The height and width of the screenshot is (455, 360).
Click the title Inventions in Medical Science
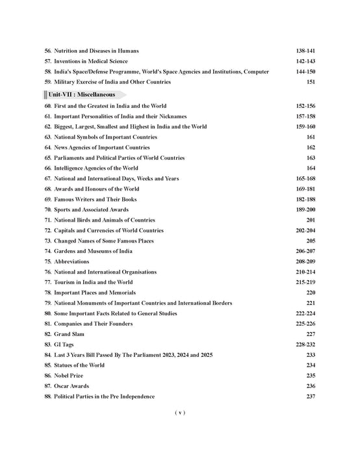pos(96,61)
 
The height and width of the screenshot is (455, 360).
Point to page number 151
pos(310,82)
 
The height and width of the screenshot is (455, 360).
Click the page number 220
pos(310,292)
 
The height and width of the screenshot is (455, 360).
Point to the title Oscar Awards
pos(73,386)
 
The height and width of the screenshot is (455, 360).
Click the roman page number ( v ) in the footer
pos(180,412)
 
